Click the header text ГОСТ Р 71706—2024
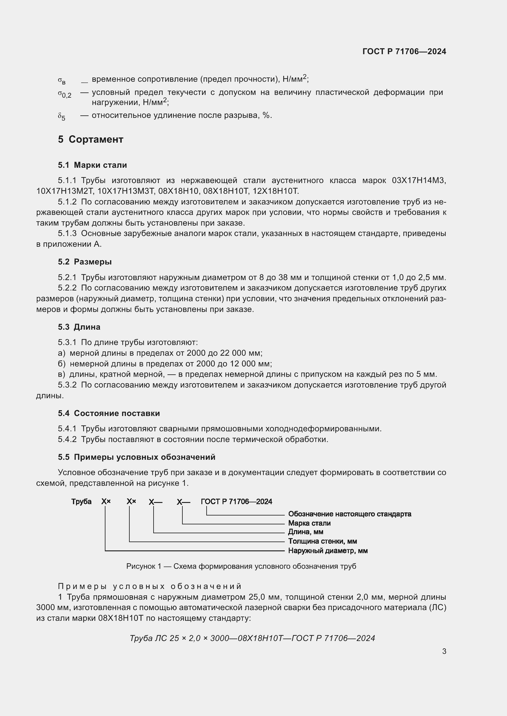tap(404, 51)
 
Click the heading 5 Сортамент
tap(90, 139)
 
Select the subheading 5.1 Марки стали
tap(92, 165)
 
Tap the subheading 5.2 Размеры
tap(85, 262)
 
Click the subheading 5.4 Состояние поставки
tap(109, 413)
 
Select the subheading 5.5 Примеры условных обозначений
tap(136, 457)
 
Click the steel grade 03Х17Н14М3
tap(419, 181)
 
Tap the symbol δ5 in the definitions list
tap(62, 117)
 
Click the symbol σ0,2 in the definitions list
tap(64, 94)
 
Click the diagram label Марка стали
tap(309, 523)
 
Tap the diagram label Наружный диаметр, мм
tap(327, 551)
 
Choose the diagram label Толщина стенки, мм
tap(322, 542)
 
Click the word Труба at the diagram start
tap(81, 501)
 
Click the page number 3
tap(444, 651)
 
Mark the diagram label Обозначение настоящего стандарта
tap(349, 514)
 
